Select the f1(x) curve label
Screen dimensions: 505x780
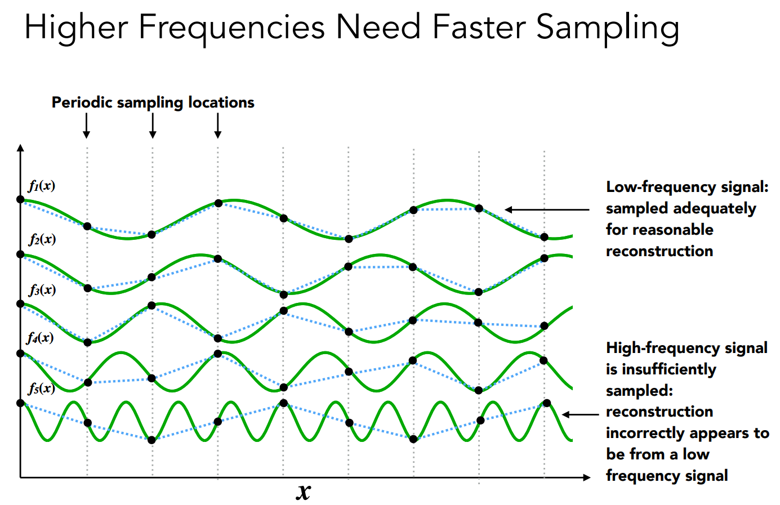point(42,186)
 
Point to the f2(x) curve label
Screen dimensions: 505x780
point(42,239)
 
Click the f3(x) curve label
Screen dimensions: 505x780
point(42,290)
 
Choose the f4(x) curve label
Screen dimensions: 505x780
point(41,338)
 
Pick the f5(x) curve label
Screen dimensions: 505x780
point(42,388)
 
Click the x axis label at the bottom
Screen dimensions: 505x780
point(304,491)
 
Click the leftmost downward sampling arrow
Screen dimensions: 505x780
point(87,126)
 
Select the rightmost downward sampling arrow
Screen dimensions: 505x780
point(218,126)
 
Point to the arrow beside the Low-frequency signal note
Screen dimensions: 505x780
point(546,209)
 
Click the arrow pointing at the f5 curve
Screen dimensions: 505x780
point(580,414)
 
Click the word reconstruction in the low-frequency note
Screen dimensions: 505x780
point(659,251)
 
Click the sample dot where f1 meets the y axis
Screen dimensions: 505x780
point(21,199)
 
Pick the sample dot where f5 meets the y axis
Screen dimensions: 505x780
point(21,403)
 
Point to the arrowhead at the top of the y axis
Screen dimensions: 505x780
point(21,148)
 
